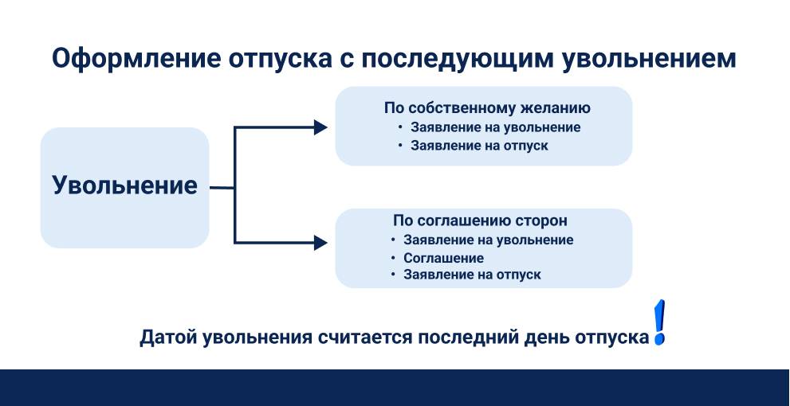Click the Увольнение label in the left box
click(124, 185)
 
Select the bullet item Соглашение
click(443, 258)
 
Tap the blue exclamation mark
click(659, 324)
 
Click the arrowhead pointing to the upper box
click(320, 127)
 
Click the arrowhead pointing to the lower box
click(320, 243)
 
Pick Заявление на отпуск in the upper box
click(479, 146)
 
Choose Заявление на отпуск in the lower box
click(472, 275)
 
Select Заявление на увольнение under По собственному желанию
click(495, 127)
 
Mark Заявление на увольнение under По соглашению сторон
click(488, 240)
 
